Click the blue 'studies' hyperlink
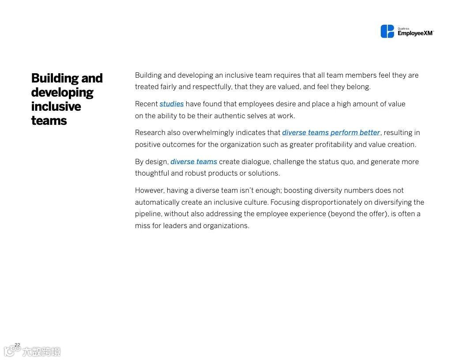172,104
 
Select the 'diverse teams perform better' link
331,133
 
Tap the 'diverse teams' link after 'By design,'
194,162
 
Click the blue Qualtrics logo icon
387,31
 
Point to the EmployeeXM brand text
415,33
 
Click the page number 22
17,345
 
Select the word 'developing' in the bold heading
62,93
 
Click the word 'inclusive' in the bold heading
56,107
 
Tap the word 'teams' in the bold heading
49,121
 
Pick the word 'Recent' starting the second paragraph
147,104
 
